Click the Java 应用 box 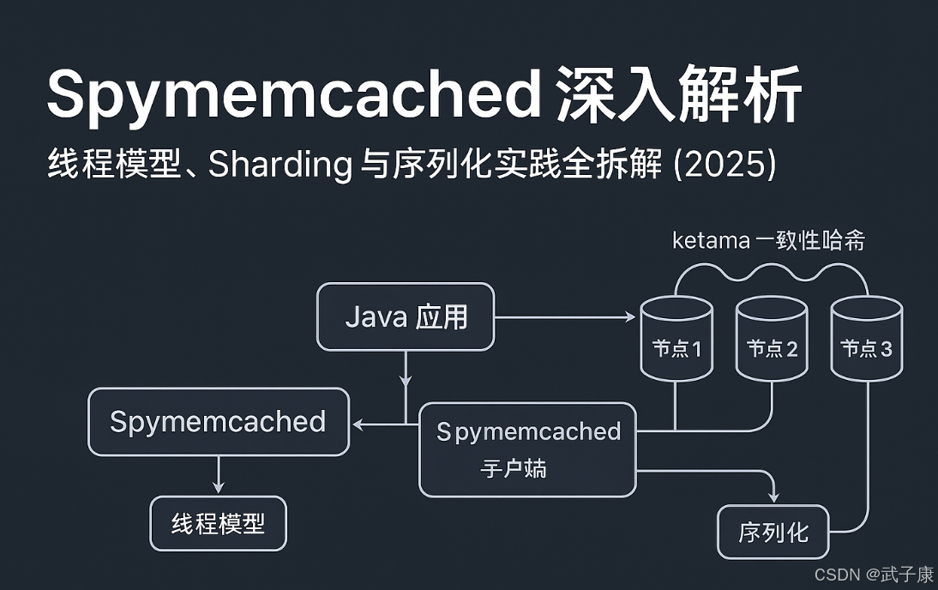[406, 317]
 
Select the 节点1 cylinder [676, 340]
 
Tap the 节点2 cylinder [772, 340]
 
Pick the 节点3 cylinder [866, 340]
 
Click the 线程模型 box [218, 523]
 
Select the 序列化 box [773, 533]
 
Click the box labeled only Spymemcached [218, 422]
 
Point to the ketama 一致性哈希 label [768, 241]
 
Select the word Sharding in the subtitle [280, 165]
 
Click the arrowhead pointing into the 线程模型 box [218, 489]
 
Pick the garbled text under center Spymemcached [514, 468]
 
